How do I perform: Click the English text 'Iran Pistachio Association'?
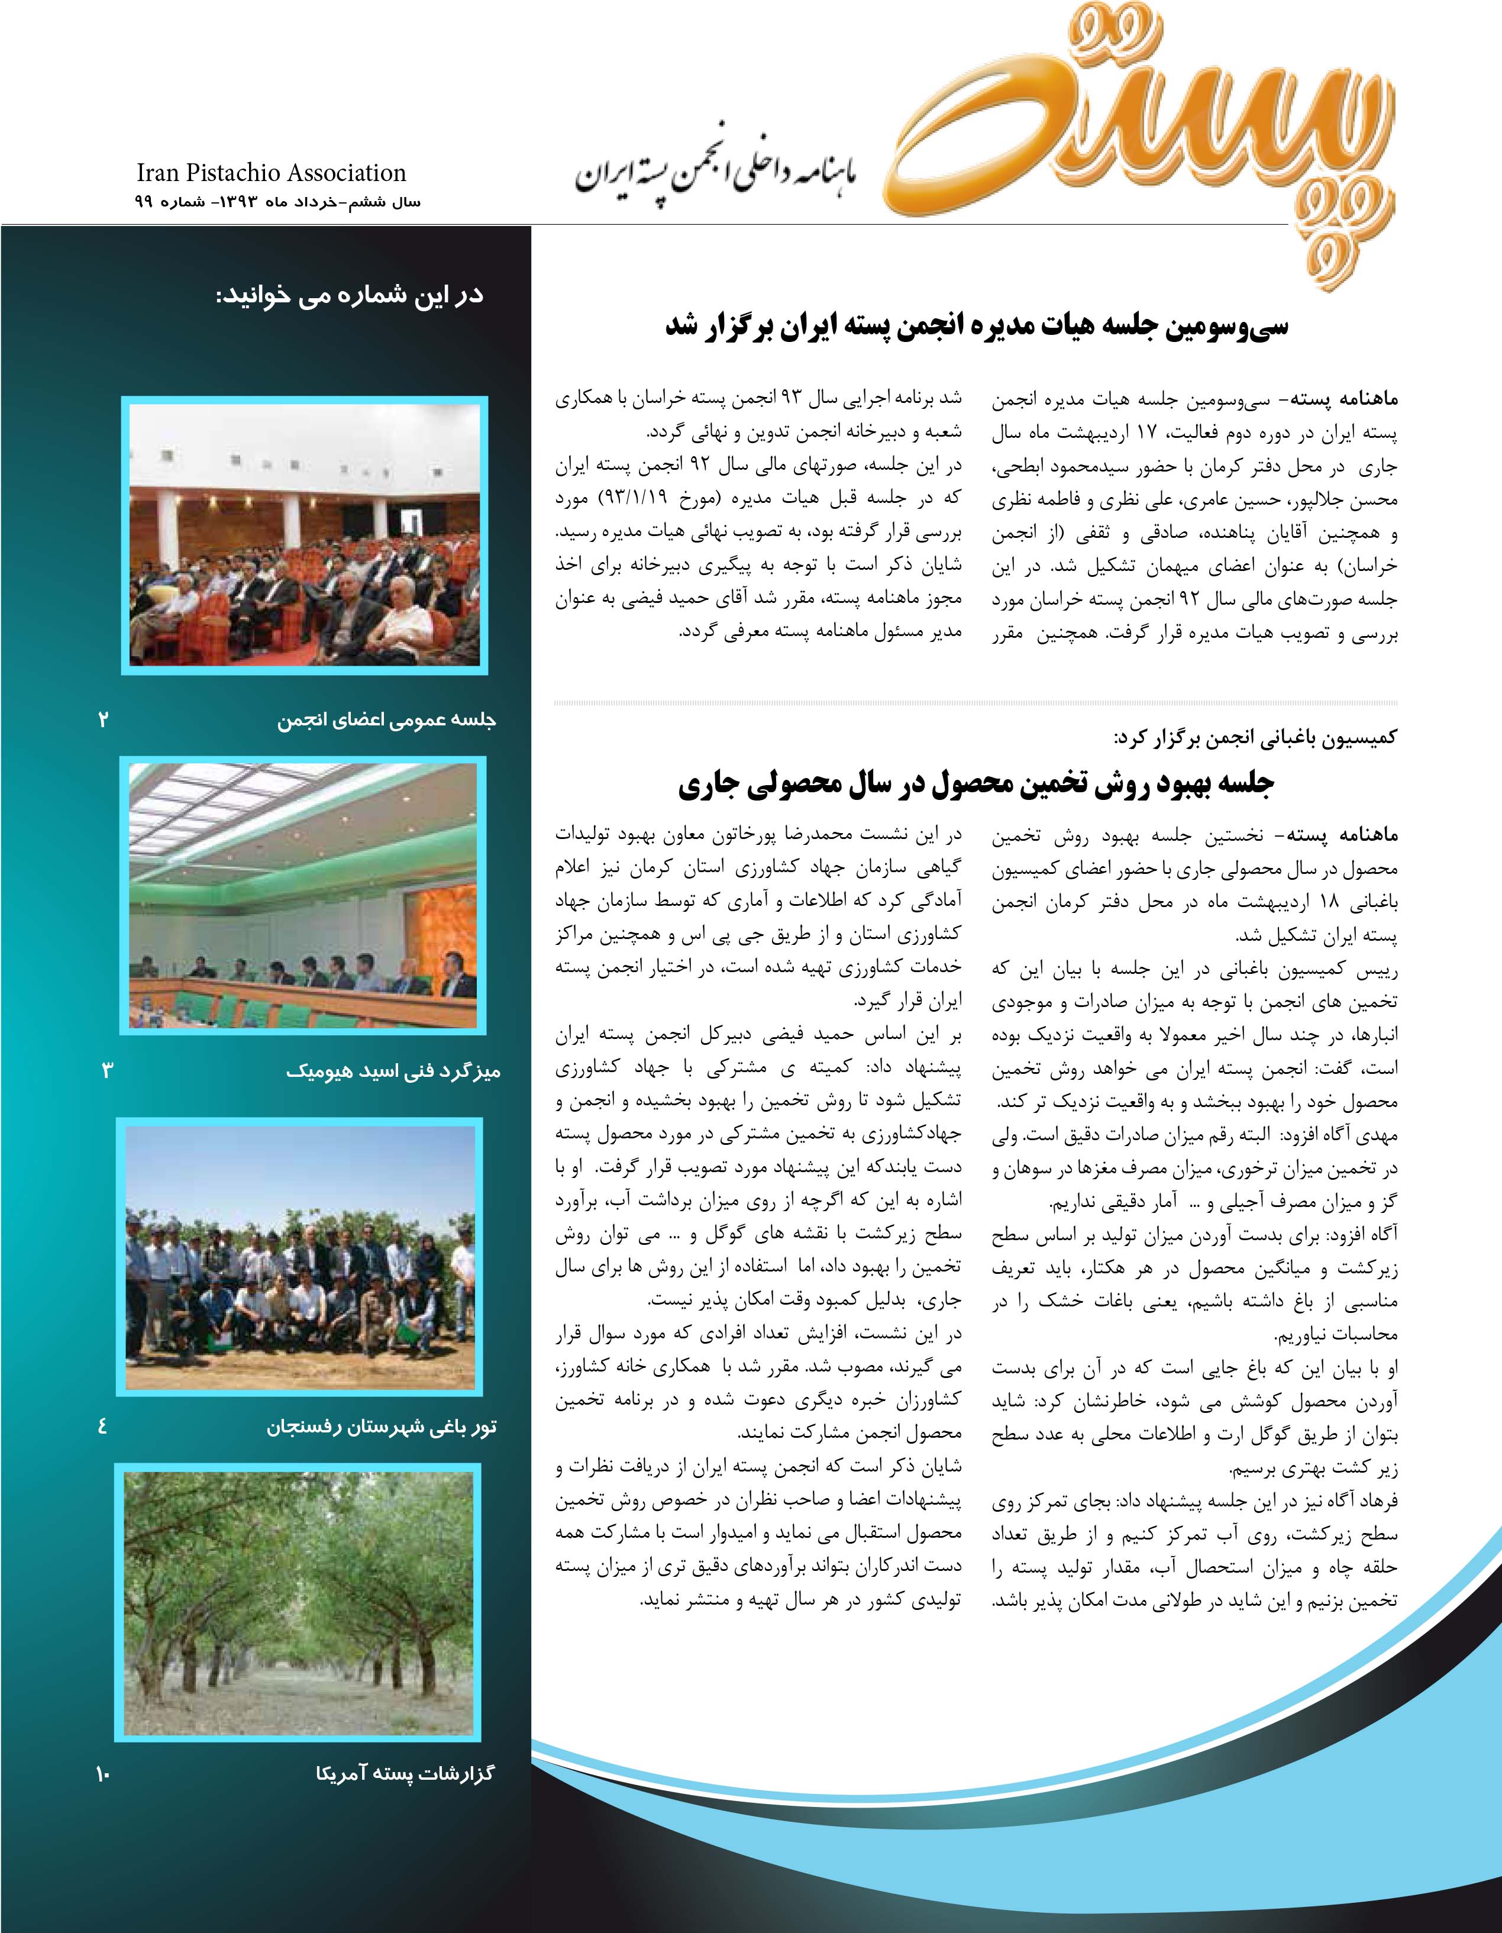271,173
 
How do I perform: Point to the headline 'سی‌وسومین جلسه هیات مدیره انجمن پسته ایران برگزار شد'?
976,327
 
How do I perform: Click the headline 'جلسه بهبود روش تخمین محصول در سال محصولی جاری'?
976,785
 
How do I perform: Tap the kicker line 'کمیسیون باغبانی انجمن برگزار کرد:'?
1255,737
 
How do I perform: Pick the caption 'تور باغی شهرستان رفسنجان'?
382,1427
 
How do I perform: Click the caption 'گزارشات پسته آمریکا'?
405,1773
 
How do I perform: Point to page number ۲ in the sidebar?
104,719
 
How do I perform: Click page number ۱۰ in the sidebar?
102,1773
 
